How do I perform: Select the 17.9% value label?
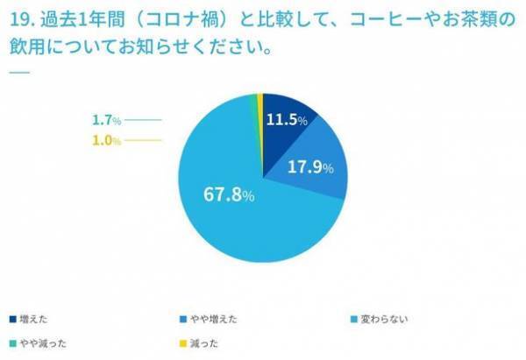[x=310, y=167]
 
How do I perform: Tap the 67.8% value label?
[x=231, y=195]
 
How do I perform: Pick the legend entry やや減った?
[x=39, y=342]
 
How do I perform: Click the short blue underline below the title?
[x=18, y=70]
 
